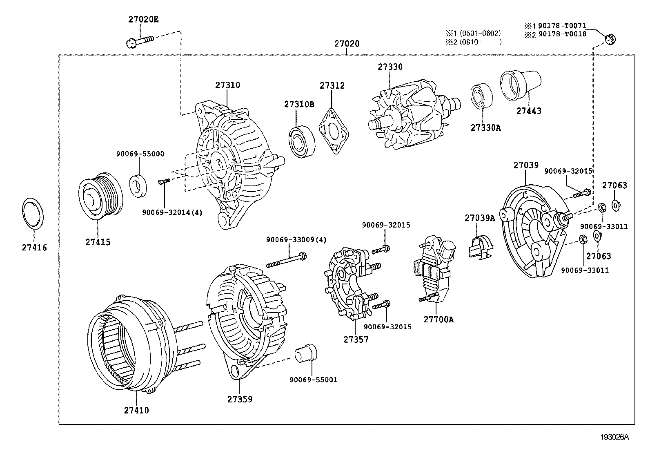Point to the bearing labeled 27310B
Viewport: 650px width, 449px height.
click(x=303, y=141)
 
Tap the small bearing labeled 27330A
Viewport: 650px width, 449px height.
click(x=481, y=96)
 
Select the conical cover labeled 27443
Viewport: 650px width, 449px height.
click(x=520, y=85)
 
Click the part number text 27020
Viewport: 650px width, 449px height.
click(x=347, y=44)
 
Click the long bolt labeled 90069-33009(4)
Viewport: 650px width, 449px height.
click(x=286, y=259)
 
